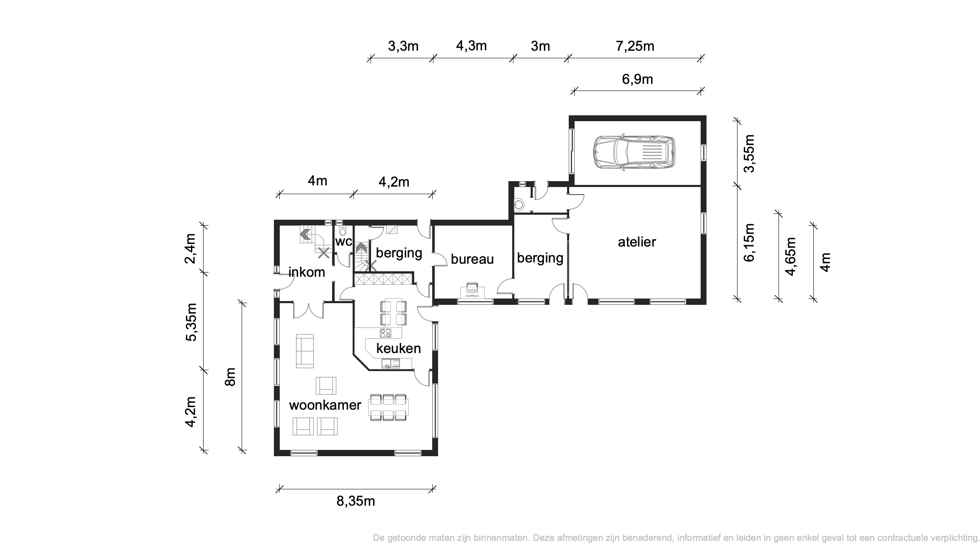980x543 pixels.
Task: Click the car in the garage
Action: tap(634, 153)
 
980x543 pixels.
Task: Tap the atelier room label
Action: tap(637, 242)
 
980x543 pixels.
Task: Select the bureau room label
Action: tap(472, 259)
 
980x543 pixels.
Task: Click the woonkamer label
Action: tap(325, 405)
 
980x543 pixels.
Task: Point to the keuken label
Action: tap(398, 348)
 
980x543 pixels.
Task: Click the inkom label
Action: tap(307, 272)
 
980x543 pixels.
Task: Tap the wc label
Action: tap(343, 242)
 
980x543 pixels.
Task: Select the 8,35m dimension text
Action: tap(356, 501)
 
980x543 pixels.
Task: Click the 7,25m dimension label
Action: tap(635, 46)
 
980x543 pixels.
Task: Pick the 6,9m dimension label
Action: tap(637, 79)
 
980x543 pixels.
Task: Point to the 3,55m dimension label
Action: tap(749, 153)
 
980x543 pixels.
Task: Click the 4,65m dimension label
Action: tap(791, 256)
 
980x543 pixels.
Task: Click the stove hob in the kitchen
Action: tap(385, 333)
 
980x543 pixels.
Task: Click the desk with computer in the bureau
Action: tap(472, 290)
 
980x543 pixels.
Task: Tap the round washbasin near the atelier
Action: tap(519, 205)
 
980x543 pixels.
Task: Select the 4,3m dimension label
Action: tap(471, 46)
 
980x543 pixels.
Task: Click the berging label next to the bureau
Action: tap(540, 257)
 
